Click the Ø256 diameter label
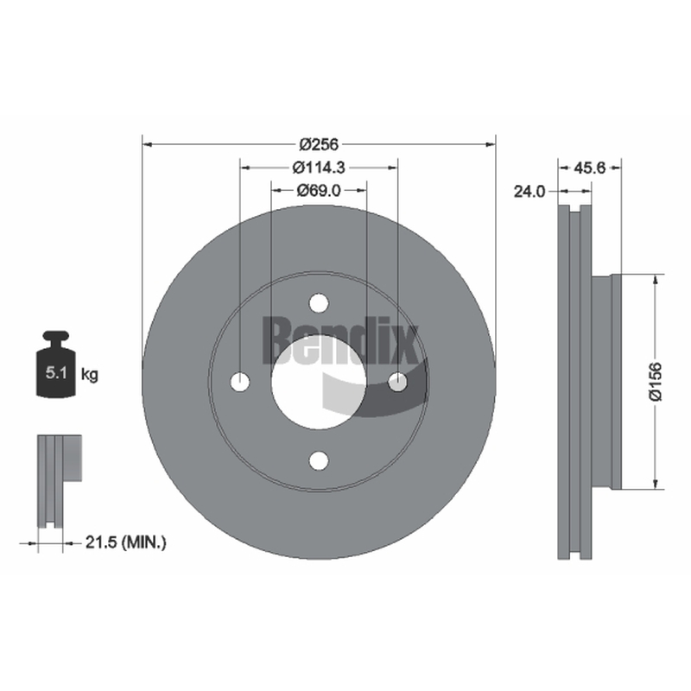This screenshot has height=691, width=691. click(319, 144)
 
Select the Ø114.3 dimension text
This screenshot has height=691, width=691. click(319, 168)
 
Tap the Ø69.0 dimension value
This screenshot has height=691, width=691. click(319, 190)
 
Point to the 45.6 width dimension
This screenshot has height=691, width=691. click(590, 168)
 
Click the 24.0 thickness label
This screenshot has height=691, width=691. click(529, 191)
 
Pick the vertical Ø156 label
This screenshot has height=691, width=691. click(656, 382)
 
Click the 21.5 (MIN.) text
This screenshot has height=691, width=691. click(125, 542)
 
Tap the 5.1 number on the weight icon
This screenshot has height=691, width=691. click(56, 373)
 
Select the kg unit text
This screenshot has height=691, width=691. click(90, 375)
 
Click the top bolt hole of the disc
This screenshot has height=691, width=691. click(319, 303)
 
